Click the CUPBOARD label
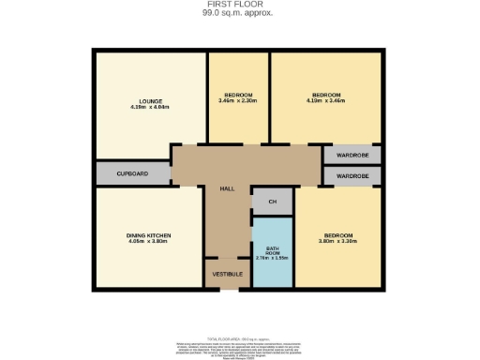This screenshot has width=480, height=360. (x=132, y=173)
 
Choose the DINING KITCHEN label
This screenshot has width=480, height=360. (x=149, y=234)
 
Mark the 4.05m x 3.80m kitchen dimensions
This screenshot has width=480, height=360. (x=149, y=241)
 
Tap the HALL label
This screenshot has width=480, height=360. (x=227, y=188)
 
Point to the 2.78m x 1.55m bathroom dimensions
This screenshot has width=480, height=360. (x=273, y=259)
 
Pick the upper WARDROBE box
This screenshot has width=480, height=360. (x=352, y=156)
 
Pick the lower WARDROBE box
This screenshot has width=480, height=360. (x=352, y=176)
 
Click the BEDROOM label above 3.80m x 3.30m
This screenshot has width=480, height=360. (x=338, y=234)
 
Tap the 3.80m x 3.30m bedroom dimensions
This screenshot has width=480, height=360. (x=338, y=241)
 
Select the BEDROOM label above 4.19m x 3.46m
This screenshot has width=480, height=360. (x=326, y=94)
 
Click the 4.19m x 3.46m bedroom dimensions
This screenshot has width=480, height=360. (x=326, y=100)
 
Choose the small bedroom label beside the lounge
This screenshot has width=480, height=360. (x=238, y=94)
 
